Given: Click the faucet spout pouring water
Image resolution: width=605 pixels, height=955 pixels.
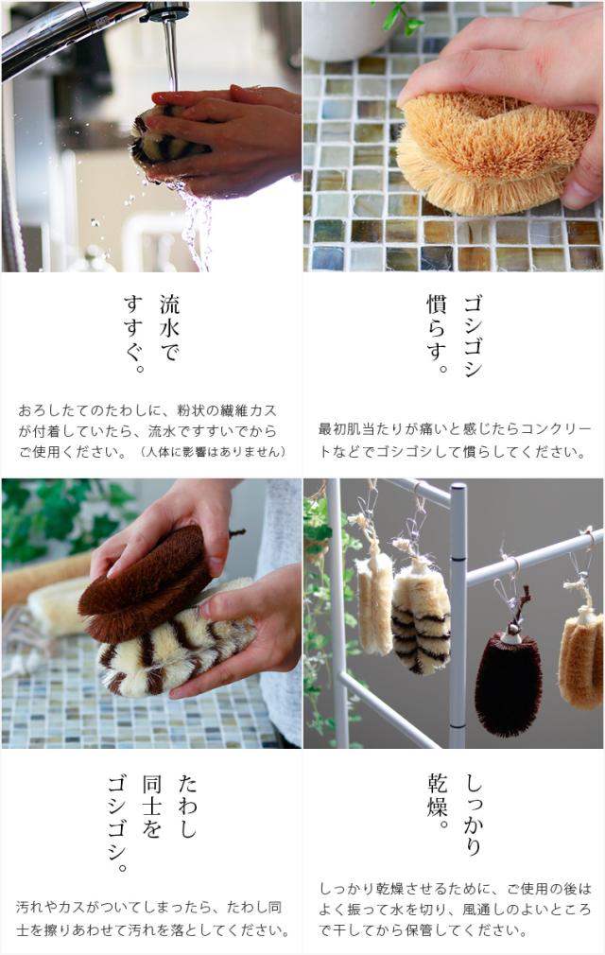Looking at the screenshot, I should (168, 13).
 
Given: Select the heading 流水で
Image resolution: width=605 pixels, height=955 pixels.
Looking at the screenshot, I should (169, 330).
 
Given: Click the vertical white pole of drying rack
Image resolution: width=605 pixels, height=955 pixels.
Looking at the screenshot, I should (458, 615).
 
